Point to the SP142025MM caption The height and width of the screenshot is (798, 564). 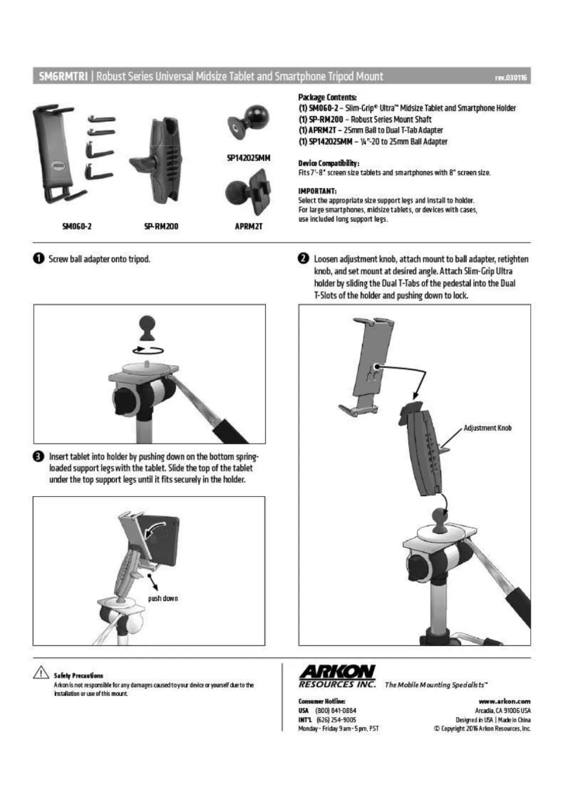tap(250, 158)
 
